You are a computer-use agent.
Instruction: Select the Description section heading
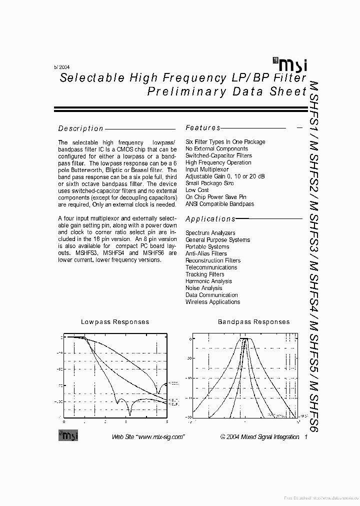81,128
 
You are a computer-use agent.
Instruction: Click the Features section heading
203,128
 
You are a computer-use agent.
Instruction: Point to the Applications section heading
210,219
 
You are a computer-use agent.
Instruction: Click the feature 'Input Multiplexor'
207,169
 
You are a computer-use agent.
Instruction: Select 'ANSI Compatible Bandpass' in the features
219,204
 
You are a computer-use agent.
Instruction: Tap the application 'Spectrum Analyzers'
210,233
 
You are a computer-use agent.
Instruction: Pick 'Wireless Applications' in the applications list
212,302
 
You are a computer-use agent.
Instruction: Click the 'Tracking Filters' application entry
204,274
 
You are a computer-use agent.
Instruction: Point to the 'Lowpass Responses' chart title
115,322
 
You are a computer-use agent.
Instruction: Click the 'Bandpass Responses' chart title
253,322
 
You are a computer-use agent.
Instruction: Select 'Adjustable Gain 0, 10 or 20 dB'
225,176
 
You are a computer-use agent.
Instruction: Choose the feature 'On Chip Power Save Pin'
215,197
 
